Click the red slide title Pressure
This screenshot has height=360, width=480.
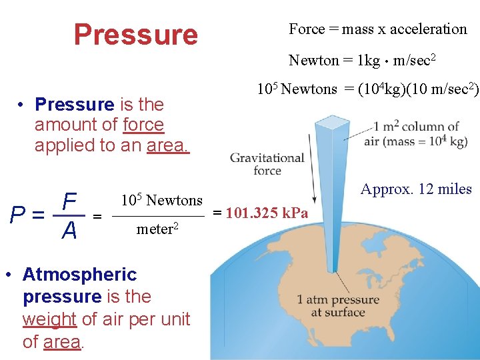click(135, 34)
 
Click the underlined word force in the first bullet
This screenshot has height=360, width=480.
click(143, 125)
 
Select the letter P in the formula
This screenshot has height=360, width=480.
click(19, 215)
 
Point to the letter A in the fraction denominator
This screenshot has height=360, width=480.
click(69, 231)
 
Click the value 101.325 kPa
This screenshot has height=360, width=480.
click(267, 213)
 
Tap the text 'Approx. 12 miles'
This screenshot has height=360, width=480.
click(415, 189)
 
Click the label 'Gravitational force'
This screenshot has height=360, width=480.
click(267, 164)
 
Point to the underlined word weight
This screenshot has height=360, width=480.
click(49, 319)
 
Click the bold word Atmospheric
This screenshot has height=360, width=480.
click(79, 274)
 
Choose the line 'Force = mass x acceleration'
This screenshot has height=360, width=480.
click(377, 29)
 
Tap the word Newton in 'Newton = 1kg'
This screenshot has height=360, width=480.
click(313, 61)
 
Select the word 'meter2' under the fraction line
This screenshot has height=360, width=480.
click(157, 230)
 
